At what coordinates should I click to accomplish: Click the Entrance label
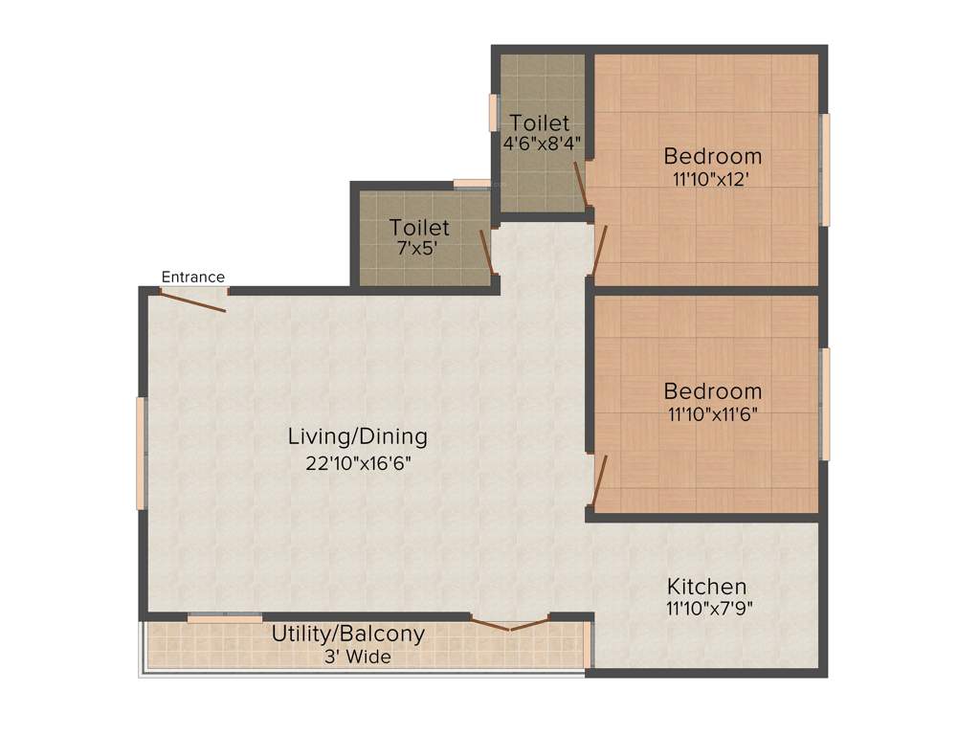coord(192,278)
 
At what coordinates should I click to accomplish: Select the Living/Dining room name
coord(357,437)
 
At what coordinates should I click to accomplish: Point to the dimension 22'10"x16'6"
coord(357,462)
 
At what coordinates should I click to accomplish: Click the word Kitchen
coord(706,587)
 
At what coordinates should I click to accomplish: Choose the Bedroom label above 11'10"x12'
coord(713,156)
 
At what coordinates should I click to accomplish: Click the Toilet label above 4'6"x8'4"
coord(540,123)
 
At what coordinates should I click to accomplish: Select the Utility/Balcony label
coord(347,635)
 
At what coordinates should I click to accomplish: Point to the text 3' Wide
coord(357,657)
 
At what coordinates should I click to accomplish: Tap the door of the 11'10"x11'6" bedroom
coord(599,481)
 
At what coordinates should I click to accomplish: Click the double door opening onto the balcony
coord(509,625)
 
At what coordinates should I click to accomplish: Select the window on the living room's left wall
coord(141,453)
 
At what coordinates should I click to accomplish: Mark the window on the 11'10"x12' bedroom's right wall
coord(825,169)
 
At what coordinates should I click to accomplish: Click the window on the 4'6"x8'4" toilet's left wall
coord(494,112)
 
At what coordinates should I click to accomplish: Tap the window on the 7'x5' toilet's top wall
coord(472,183)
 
